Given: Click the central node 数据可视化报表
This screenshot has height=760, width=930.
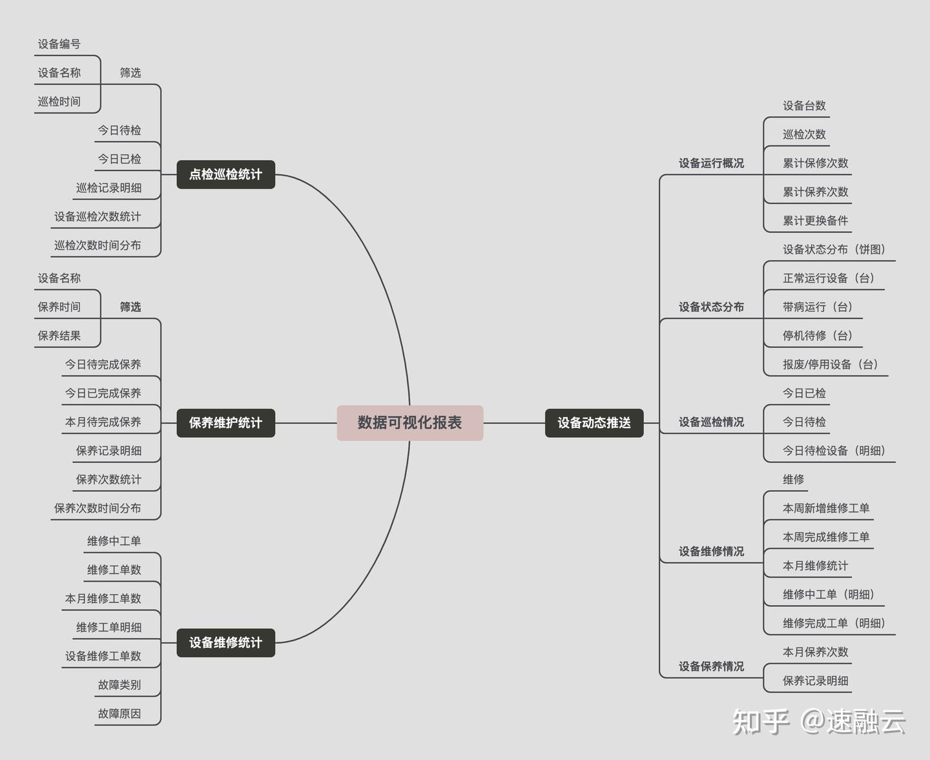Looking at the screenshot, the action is coord(409,423).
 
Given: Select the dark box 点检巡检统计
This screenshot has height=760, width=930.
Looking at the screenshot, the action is coord(225,174).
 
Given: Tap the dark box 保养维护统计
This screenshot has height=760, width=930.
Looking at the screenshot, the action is coord(225,423).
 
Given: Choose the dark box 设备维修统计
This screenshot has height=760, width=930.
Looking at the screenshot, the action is coord(225,642).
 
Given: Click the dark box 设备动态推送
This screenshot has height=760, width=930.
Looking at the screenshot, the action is coord(594,423).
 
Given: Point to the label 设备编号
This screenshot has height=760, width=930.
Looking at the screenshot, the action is coord(59,44).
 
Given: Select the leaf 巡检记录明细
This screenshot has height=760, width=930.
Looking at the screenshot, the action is coord(108,188).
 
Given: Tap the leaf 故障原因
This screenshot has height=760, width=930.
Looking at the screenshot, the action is coord(119,714).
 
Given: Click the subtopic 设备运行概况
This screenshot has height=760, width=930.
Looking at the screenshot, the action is coord(711,163).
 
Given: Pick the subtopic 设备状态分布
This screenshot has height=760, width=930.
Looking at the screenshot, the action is coord(711,307).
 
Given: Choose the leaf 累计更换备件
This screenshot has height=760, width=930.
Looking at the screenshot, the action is coord(815,221).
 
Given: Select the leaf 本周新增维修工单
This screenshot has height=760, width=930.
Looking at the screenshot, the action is coord(826,508).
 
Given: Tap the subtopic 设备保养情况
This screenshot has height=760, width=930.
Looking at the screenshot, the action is coord(711,666).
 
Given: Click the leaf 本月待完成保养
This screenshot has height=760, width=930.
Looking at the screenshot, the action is coord(103,422).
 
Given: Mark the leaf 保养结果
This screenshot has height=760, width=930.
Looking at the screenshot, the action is coord(59,336).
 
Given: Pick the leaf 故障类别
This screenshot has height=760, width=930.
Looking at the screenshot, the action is coord(119,684).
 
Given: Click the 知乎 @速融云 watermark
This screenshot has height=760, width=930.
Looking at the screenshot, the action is coord(819,721).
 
